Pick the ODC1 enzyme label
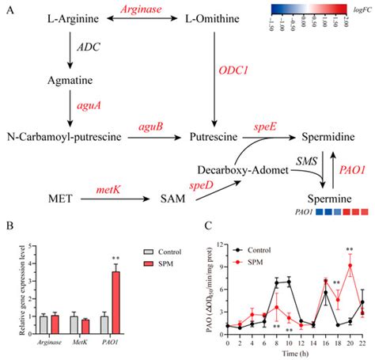coord(233,70)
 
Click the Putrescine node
coord(214,137)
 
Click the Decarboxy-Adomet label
coord(241,169)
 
